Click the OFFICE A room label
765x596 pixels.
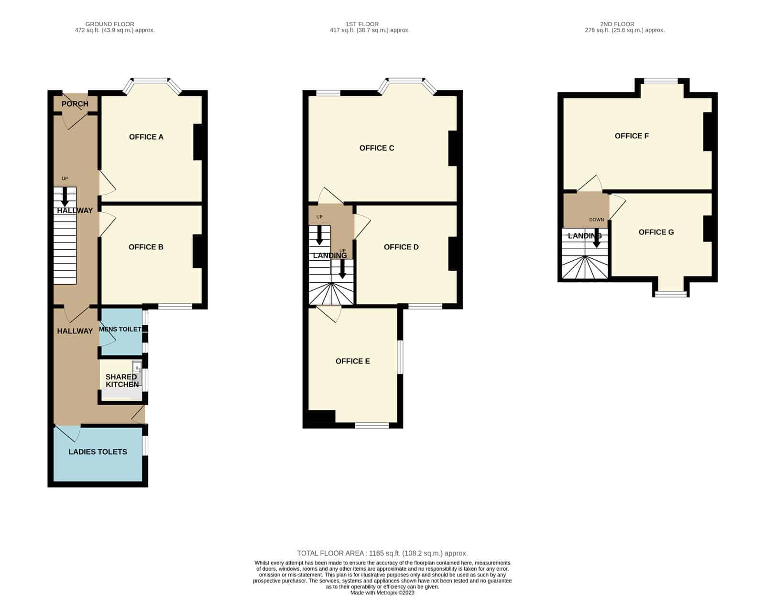pos(146,137)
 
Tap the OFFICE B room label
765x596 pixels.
pos(146,247)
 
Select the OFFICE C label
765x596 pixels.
pos(376,148)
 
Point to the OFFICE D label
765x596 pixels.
pos(401,247)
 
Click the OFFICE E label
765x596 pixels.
pos(352,361)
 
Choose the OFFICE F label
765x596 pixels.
pos(632,136)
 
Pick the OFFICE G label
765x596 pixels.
pos(656,232)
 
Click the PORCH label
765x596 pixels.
pos(75,104)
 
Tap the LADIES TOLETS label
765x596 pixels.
pos(98,452)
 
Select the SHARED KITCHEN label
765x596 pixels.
pos(122,381)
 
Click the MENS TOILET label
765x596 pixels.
pos(120,329)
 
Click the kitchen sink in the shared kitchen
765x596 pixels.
pos(137,367)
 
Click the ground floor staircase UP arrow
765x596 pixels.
pos(65,197)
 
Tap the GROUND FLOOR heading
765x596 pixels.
pos(109,24)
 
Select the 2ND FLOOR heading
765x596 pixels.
pos(617,24)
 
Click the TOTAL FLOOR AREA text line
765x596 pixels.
pos(382,553)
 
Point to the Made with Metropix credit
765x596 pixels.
pos(382,593)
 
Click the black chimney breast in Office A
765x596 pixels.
pos(198,142)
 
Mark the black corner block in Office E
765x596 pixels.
pos(321,416)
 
